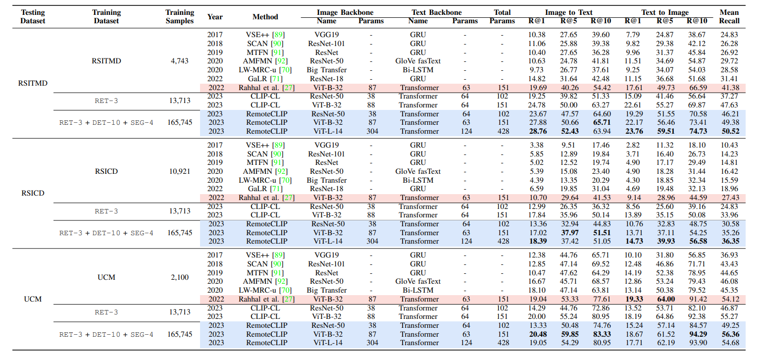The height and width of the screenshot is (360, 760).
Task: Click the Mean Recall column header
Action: [729, 16]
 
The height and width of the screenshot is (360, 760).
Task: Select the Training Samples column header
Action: [180, 16]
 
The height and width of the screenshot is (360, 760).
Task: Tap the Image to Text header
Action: [568, 12]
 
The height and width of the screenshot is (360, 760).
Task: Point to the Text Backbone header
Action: [436, 12]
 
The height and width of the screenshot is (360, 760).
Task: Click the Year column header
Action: [215, 16]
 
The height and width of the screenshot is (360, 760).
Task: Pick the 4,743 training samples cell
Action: [180, 61]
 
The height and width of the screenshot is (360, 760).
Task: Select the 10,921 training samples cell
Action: [180, 171]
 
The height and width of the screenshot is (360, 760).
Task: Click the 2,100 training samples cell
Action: [180, 277]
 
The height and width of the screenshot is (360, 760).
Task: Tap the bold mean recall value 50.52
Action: [729, 131]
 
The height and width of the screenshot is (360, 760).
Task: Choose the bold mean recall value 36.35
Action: [729, 242]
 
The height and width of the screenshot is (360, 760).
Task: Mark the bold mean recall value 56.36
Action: [729, 334]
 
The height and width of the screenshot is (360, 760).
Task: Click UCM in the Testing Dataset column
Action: [32, 299]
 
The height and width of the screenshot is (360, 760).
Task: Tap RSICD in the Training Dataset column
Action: [106, 171]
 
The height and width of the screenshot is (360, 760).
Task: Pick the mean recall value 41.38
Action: [729, 87]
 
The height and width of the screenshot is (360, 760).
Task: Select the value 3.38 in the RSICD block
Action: [538, 145]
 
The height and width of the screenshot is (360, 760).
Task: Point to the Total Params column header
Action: [502, 16]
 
